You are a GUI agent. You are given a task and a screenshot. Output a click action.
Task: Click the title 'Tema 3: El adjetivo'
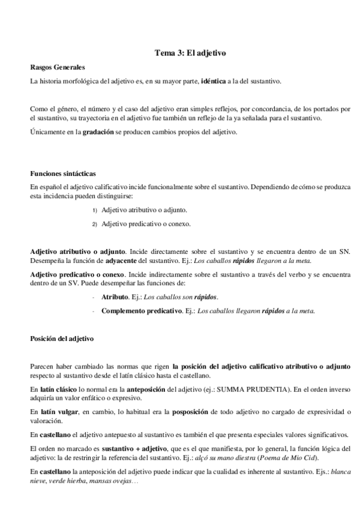pos(190,53)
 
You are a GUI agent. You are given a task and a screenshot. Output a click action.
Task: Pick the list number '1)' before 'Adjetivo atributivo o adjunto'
pos(95,211)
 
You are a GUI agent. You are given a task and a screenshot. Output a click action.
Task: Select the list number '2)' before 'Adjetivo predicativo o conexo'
pos(95,224)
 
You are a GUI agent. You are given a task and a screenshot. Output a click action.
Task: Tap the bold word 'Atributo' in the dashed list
pos(115,297)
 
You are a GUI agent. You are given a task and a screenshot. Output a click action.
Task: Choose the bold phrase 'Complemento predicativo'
pos(142,310)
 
